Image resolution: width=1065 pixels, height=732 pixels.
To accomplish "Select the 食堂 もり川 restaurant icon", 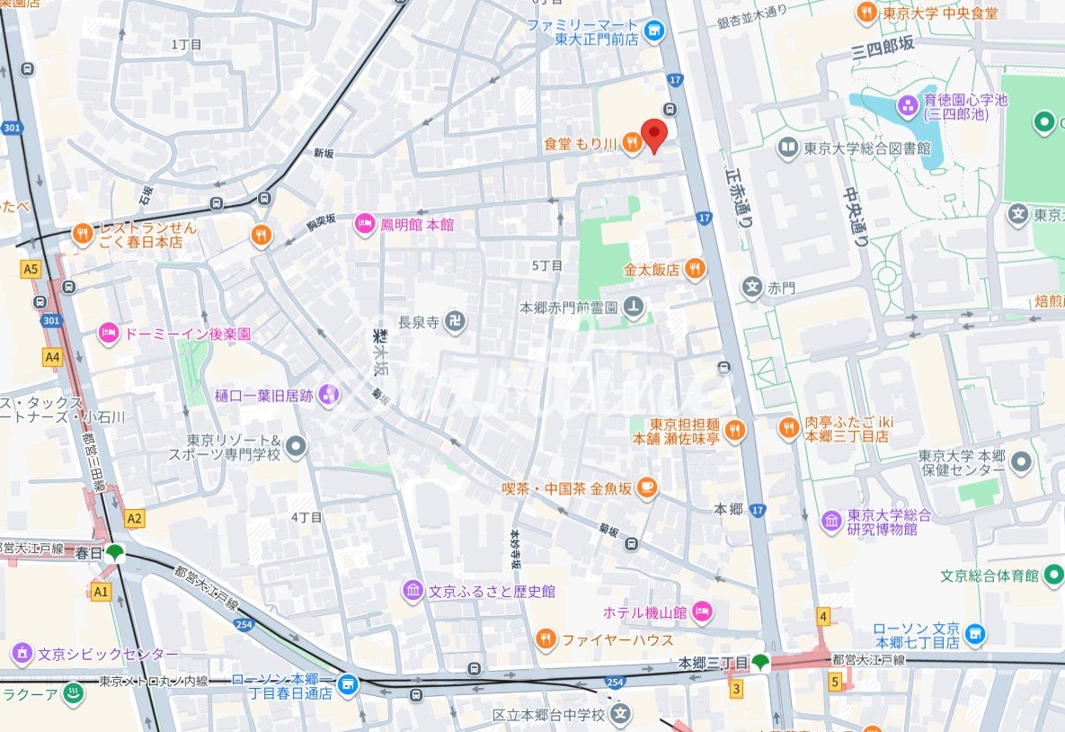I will click(633, 143).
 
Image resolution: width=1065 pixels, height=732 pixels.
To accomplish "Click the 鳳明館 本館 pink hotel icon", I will click(365, 223).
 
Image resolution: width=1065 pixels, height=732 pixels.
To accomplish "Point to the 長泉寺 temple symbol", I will click(456, 321).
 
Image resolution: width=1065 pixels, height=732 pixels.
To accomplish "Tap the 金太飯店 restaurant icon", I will click(694, 268).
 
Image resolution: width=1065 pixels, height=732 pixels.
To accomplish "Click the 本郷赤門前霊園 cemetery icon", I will click(634, 308).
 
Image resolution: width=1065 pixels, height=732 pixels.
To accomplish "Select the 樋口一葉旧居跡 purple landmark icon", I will click(330, 394).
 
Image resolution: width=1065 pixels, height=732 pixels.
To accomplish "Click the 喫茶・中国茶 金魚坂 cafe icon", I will click(646, 488).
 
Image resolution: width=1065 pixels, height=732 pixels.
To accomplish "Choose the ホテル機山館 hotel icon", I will click(703, 612).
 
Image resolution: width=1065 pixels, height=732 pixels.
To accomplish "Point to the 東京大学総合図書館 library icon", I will click(788, 147).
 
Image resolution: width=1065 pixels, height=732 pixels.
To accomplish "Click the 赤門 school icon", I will click(751, 288).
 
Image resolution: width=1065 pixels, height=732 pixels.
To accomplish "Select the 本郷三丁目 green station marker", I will click(762, 663).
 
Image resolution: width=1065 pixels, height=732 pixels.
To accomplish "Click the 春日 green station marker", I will click(114, 552).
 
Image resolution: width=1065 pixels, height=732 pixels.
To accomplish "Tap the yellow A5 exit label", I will click(32, 268).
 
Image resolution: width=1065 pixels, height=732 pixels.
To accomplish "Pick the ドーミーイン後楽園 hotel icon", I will click(109, 333).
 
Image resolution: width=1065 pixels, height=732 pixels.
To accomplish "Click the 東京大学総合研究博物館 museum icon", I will click(831, 521).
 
